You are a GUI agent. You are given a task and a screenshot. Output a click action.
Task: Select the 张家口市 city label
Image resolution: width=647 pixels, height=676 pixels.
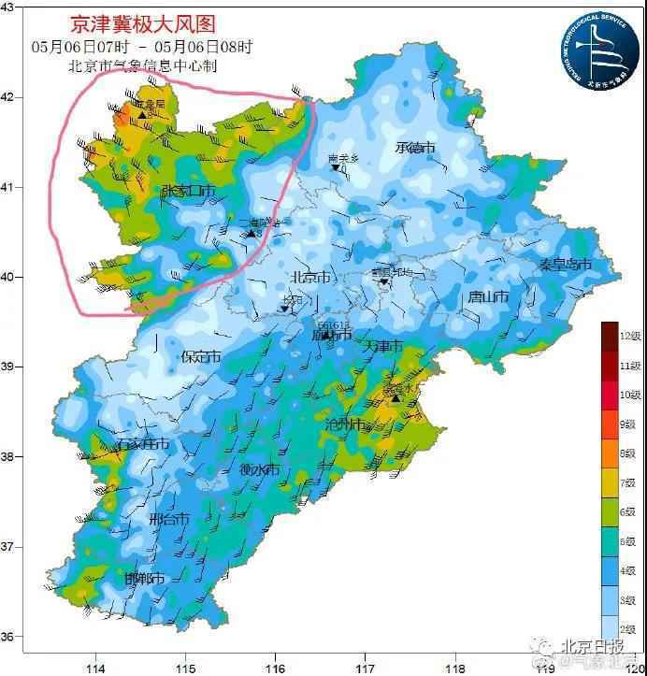[188, 191]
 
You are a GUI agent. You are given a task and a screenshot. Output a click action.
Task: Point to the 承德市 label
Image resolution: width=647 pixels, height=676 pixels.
[415, 148]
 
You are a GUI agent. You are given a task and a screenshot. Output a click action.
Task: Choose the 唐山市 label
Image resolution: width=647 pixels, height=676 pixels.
[488, 297]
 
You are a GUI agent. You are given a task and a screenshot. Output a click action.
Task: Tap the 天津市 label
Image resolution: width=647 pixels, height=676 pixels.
[382, 347]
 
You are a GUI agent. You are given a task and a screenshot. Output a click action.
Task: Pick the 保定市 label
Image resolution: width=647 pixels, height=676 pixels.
[201, 356]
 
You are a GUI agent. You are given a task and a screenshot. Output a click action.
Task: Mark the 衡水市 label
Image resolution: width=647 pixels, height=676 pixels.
[259, 469]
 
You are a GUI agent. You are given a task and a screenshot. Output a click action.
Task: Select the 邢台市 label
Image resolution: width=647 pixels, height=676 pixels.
[169, 519]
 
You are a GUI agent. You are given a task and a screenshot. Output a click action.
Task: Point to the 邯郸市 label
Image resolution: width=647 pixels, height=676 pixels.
[145, 579]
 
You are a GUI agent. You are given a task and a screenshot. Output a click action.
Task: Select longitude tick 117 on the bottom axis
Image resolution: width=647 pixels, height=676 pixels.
[365, 668]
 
